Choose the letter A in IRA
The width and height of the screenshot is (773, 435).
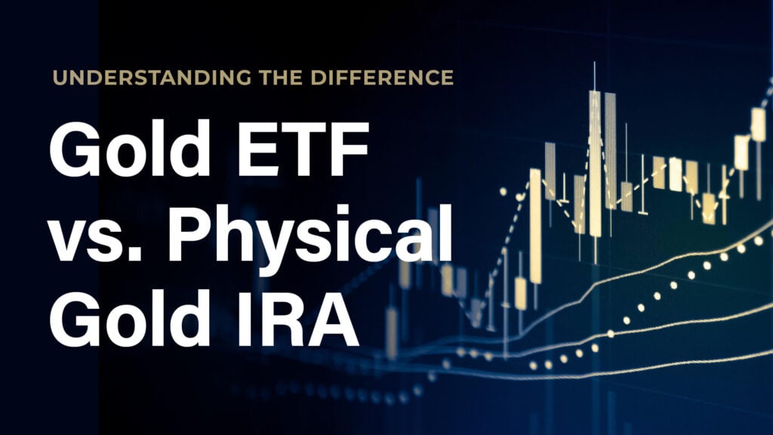pyautogui.click(x=334, y=318)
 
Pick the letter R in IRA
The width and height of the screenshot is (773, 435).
pyautogui.click(x=289, y=318)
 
